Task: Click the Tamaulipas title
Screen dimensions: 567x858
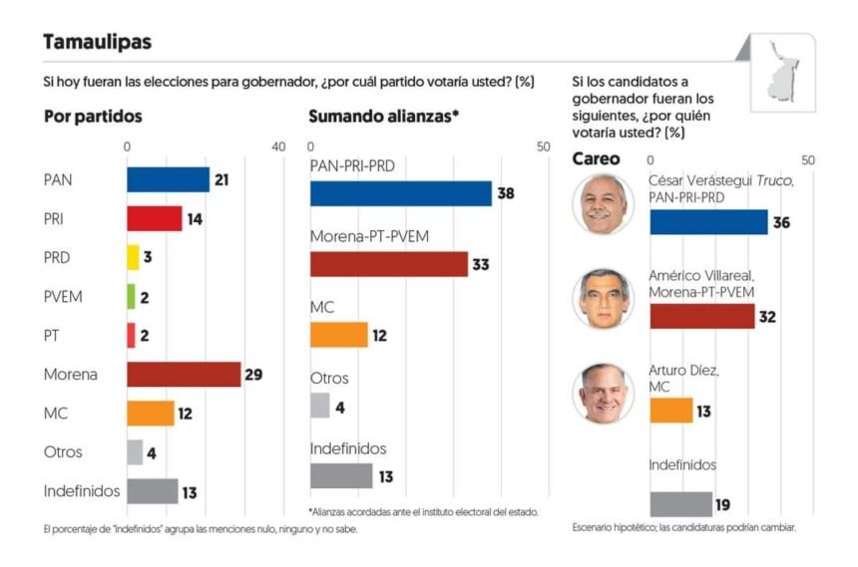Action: pyautogui.click(x=98, y=42)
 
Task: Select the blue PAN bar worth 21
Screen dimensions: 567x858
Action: pyautogui.click(x=168, y=179)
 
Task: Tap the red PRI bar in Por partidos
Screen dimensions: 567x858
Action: pyautogui.click(x=154, y=218)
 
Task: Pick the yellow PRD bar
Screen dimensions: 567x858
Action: pyautogui.click(x=133, y=257)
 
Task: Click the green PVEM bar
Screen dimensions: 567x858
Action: pyautogui.click(x=131, y=296)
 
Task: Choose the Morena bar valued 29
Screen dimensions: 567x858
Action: pyautogui.click(x=184, y=374)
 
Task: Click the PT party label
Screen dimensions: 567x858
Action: pyautogui.click(x=54, y=335)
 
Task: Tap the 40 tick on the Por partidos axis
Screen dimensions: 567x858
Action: pyautogui.click(x=278, y=146)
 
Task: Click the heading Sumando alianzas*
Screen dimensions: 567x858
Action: pyautogui.click(x=383, y=116)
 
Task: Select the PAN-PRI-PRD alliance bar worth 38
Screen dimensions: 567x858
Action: pyautogui.click(x=401, y=193)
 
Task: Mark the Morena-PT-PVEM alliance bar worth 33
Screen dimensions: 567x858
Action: pyautogui.click(x=389, y=264)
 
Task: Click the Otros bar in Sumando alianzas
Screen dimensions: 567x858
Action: pyautogui.click(x=319, y=406)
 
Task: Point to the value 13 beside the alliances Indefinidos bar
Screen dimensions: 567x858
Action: pyautogui.click(x=385, y=476)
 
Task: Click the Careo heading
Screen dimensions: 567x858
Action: pyautogui.click(x=596, y=158)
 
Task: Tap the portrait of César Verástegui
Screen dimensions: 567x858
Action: pyautogui.click(x=603, y=204)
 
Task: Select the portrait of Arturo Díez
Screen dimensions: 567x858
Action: pyautogui.click(x=603, y=394)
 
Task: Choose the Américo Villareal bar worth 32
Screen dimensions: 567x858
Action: pyautogui.click(x=701, y=317)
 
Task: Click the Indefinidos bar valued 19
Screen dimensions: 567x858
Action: pyautogui.click(x=680, y=504)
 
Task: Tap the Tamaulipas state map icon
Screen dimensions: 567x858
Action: pyautogui.click(x=783, y=70)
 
